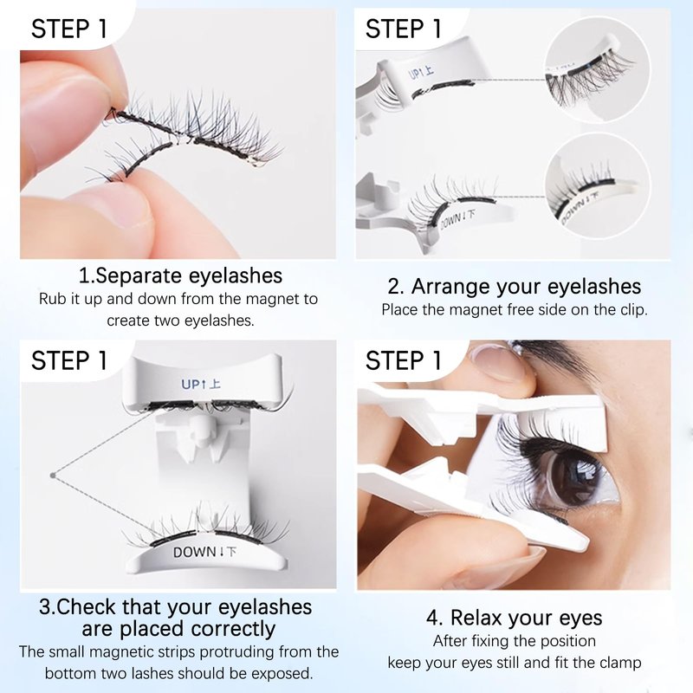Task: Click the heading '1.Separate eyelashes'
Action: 180,275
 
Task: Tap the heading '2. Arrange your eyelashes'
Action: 514,287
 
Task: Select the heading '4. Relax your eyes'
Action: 514,618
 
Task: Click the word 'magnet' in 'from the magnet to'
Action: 272,299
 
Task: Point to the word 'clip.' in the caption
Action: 634,310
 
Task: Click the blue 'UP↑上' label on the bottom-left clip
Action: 201,384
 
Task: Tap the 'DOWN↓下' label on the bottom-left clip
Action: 204,552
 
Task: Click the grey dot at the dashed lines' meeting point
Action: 53,476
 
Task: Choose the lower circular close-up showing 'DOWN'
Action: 598,186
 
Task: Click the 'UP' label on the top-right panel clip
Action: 421,72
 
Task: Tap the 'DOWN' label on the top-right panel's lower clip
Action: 457,220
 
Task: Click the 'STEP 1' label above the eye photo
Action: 403,360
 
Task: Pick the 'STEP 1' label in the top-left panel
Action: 69,29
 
